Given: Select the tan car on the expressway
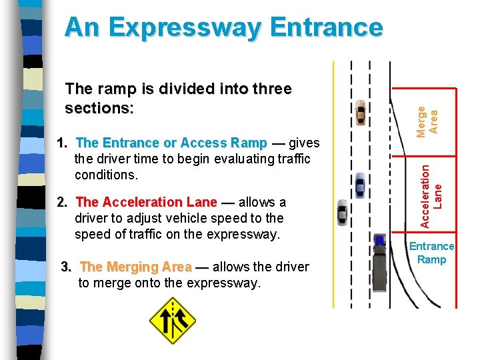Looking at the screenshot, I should [x=361, y=113].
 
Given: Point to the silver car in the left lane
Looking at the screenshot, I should [x=343, y=213].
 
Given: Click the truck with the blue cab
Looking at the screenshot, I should [x=380, y=263].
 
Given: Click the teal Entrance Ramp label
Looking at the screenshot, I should [x=431, y=253].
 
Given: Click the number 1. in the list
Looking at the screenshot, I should [x=63, y=143].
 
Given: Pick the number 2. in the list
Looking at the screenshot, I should [x=63, y=202].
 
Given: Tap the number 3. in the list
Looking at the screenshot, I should [x=67, y=267].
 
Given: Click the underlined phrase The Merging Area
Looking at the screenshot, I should [x=135, y=267].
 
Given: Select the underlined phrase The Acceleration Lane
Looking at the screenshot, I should [x=147, y=202].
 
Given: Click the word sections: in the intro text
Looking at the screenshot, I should [x=99, y=107].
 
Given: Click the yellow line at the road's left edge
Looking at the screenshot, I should [x=333, y=187].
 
